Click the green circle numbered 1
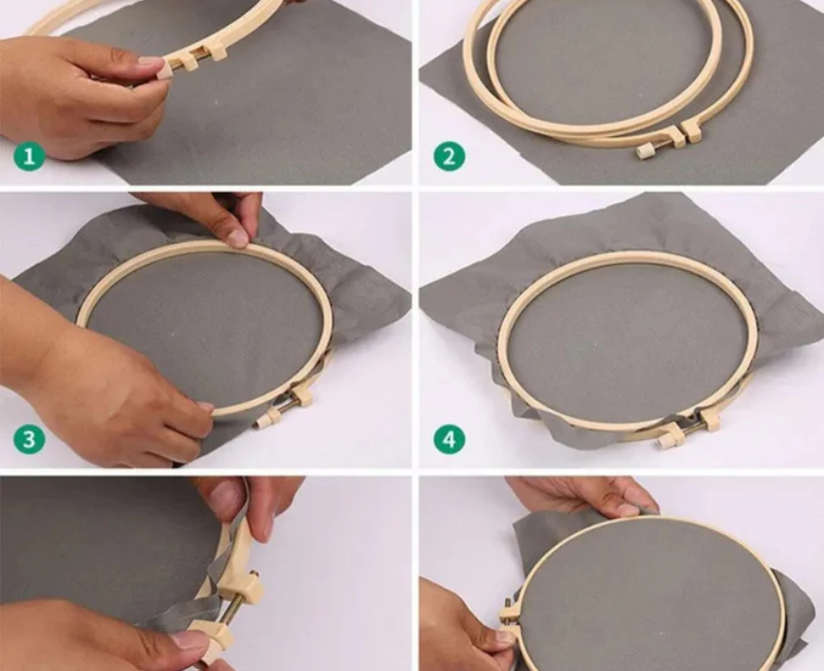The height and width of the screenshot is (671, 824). click(29, 155)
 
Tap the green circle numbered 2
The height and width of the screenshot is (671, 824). click(448, 155)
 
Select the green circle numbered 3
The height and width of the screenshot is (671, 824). click(29, 439)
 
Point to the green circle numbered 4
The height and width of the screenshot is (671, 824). click(448, 439)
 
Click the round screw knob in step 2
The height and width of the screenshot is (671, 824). click(642, 152)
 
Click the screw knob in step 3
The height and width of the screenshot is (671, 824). click(262, 420)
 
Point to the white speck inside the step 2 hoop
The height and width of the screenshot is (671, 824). click(641, 95)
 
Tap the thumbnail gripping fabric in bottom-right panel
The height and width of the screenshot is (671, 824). click(631, 509)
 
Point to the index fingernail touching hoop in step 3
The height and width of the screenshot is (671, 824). click(206, 406)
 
